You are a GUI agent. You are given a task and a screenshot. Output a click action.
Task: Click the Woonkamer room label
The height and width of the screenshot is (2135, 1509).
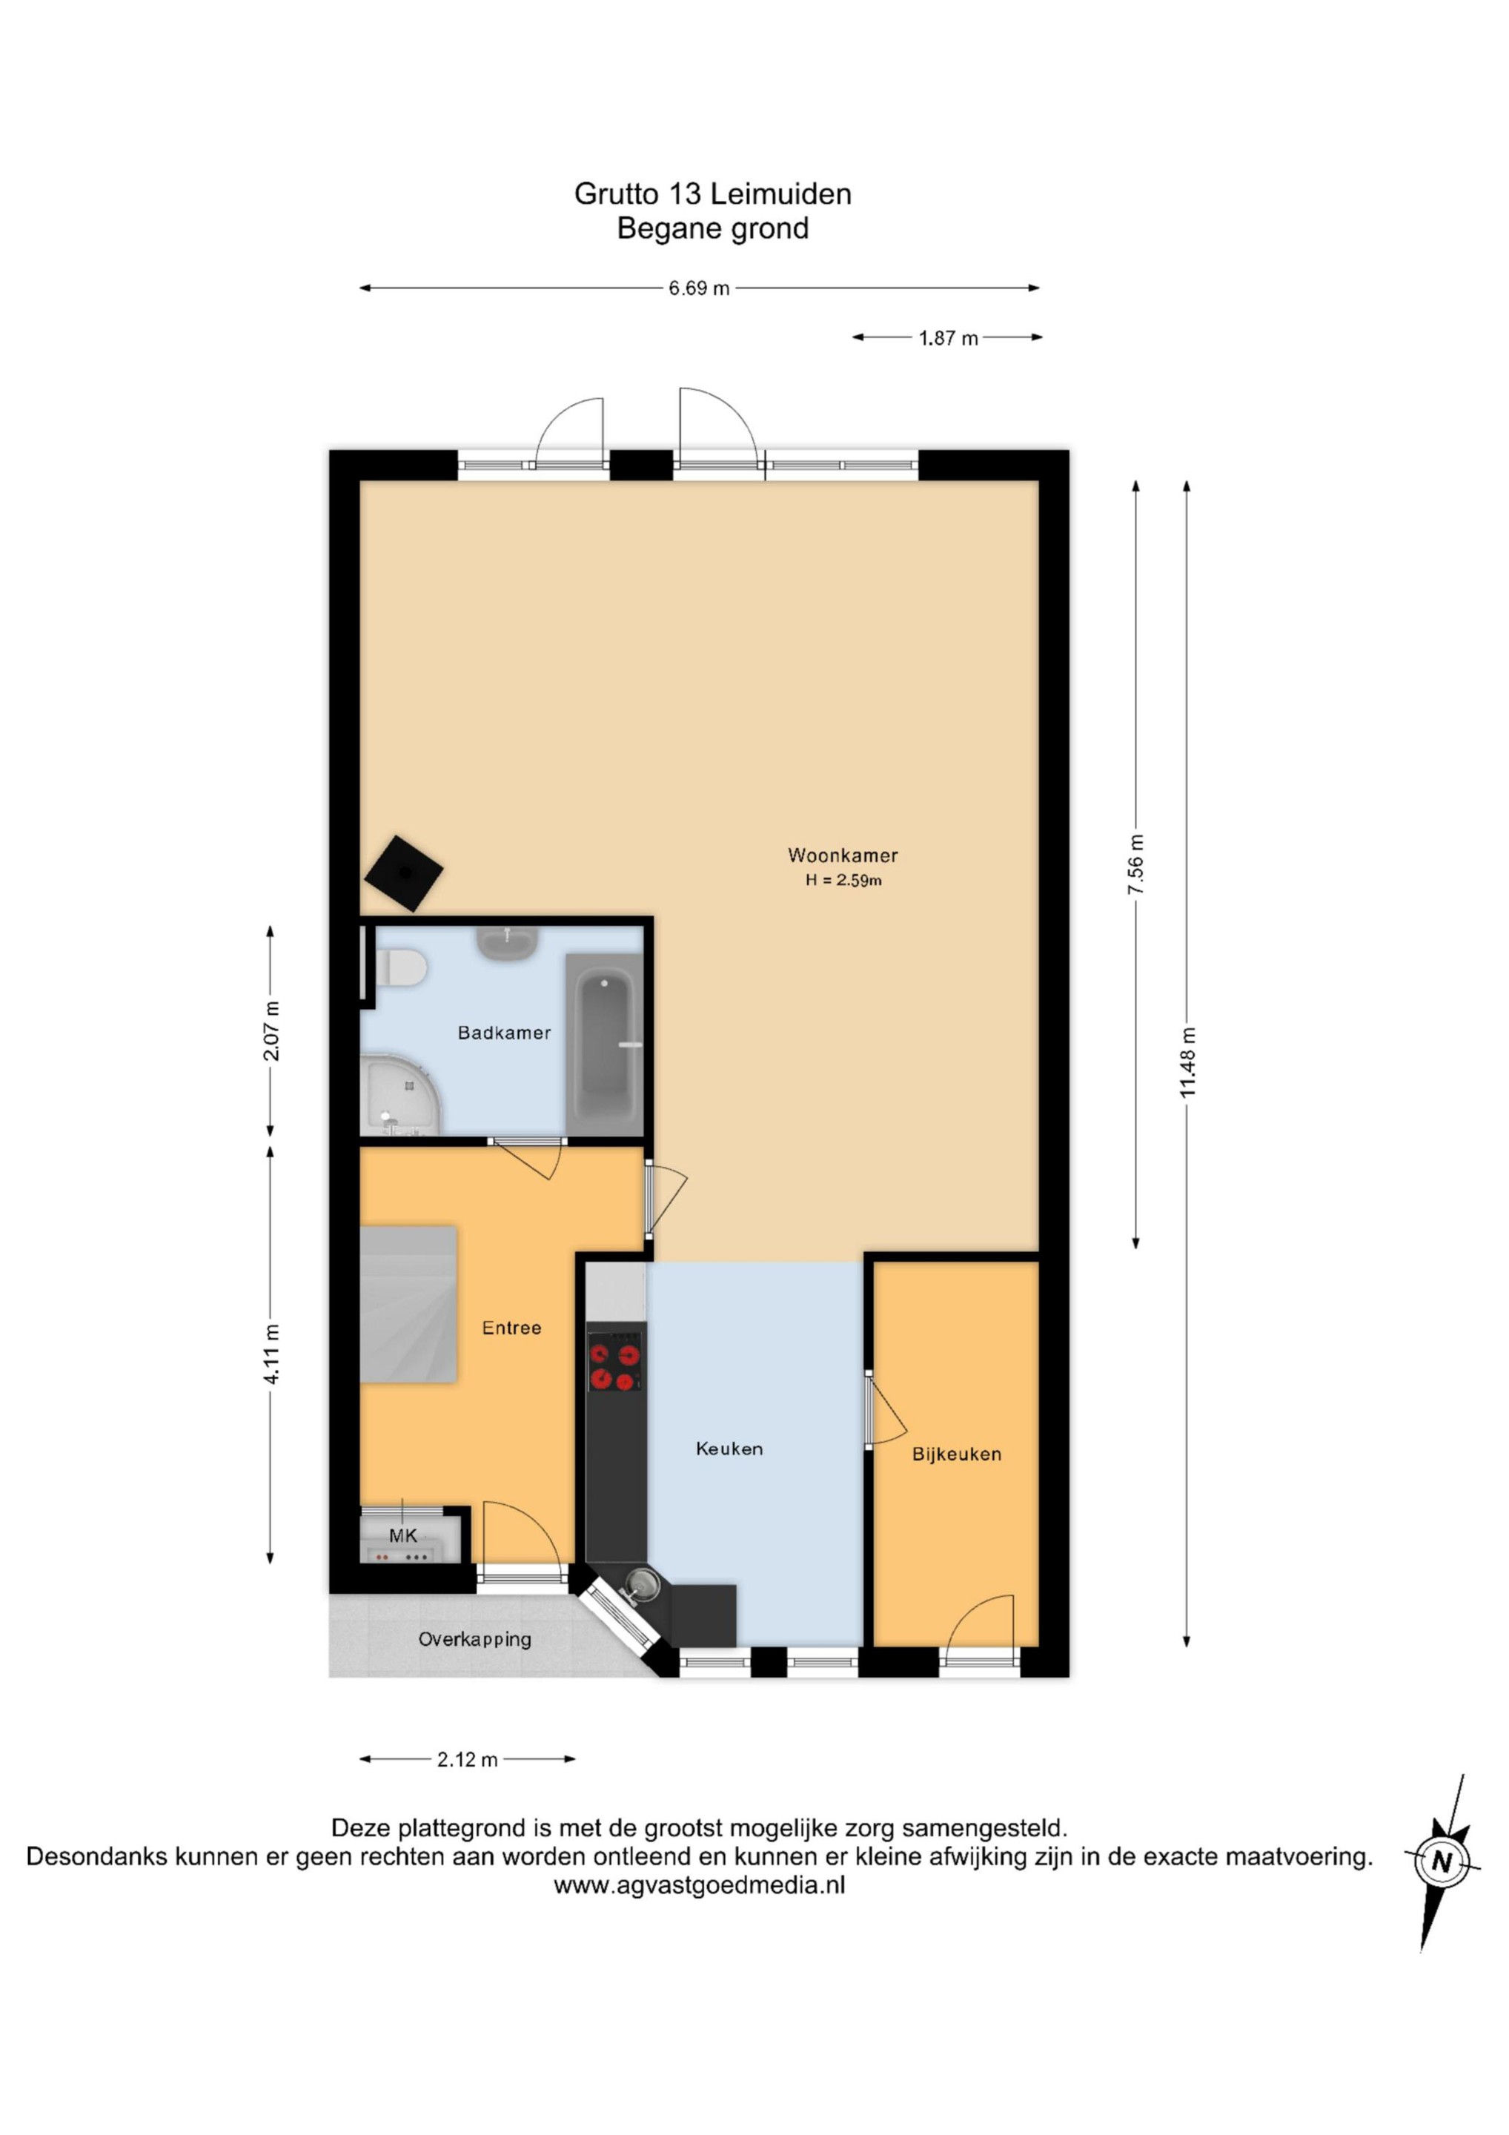coord(843,855)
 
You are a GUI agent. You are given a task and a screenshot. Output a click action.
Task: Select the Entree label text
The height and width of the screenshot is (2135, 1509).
coord(511,1328)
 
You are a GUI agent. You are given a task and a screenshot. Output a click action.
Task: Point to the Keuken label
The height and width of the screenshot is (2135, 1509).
coord(729,1448)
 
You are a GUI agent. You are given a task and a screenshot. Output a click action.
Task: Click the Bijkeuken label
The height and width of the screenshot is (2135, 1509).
coord(957,1454)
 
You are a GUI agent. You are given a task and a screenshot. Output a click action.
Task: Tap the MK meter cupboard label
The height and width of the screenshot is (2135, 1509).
coord(402,1535)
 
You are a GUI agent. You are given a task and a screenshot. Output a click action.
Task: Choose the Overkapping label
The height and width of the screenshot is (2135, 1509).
coord(474,1639)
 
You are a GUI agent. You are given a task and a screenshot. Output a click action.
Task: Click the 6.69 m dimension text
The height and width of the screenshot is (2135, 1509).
coord(699,288)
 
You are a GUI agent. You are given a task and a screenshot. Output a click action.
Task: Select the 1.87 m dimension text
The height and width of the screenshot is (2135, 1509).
coord(949,339)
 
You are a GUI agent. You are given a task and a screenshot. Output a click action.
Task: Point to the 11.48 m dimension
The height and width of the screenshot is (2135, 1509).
coord(1187,1063)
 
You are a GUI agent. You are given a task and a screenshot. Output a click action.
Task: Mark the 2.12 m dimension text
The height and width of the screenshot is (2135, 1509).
coord(468,1759)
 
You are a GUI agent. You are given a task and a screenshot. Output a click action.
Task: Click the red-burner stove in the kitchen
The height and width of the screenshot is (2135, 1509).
coord(614,1363)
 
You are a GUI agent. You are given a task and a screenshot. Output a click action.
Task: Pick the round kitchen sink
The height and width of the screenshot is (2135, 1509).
coord(640,1583)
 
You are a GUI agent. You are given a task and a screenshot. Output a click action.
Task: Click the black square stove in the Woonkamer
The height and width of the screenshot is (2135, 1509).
coord(403,873)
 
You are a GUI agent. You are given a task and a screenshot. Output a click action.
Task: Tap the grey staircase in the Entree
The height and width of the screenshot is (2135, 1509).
coord(408,1304)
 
